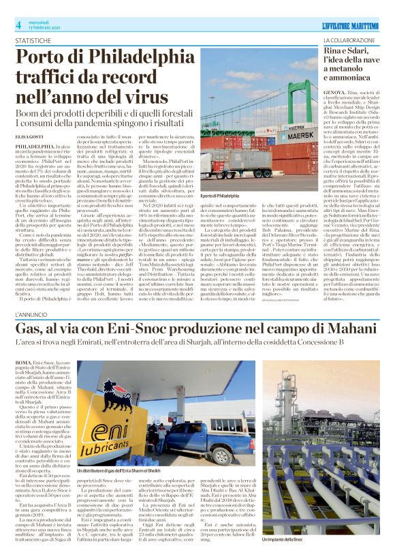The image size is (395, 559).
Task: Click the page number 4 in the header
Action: click(18, 25)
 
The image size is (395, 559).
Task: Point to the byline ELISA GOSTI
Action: click(27, 117)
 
